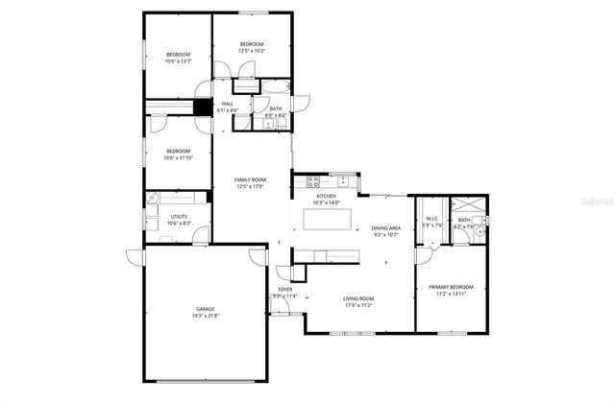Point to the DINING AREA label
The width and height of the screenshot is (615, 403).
click(386, 228)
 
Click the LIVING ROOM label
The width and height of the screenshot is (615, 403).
click(358, 299)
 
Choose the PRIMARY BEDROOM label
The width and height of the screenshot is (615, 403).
click(451, 288)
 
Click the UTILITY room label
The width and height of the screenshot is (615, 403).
click(179, 217)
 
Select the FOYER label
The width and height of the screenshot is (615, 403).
click(285, 289)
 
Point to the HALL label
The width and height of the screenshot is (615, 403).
click(229, 104)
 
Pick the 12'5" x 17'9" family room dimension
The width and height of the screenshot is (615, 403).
click(252, 187)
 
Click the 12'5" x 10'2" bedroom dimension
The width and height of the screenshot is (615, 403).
click(252, 51)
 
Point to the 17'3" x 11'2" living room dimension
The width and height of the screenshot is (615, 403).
click(358, 306)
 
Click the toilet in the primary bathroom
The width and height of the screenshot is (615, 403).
click(486, 229)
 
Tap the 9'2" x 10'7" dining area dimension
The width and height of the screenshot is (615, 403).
click(386, 235)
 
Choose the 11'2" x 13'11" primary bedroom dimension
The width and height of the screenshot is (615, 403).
click(451, 295)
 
